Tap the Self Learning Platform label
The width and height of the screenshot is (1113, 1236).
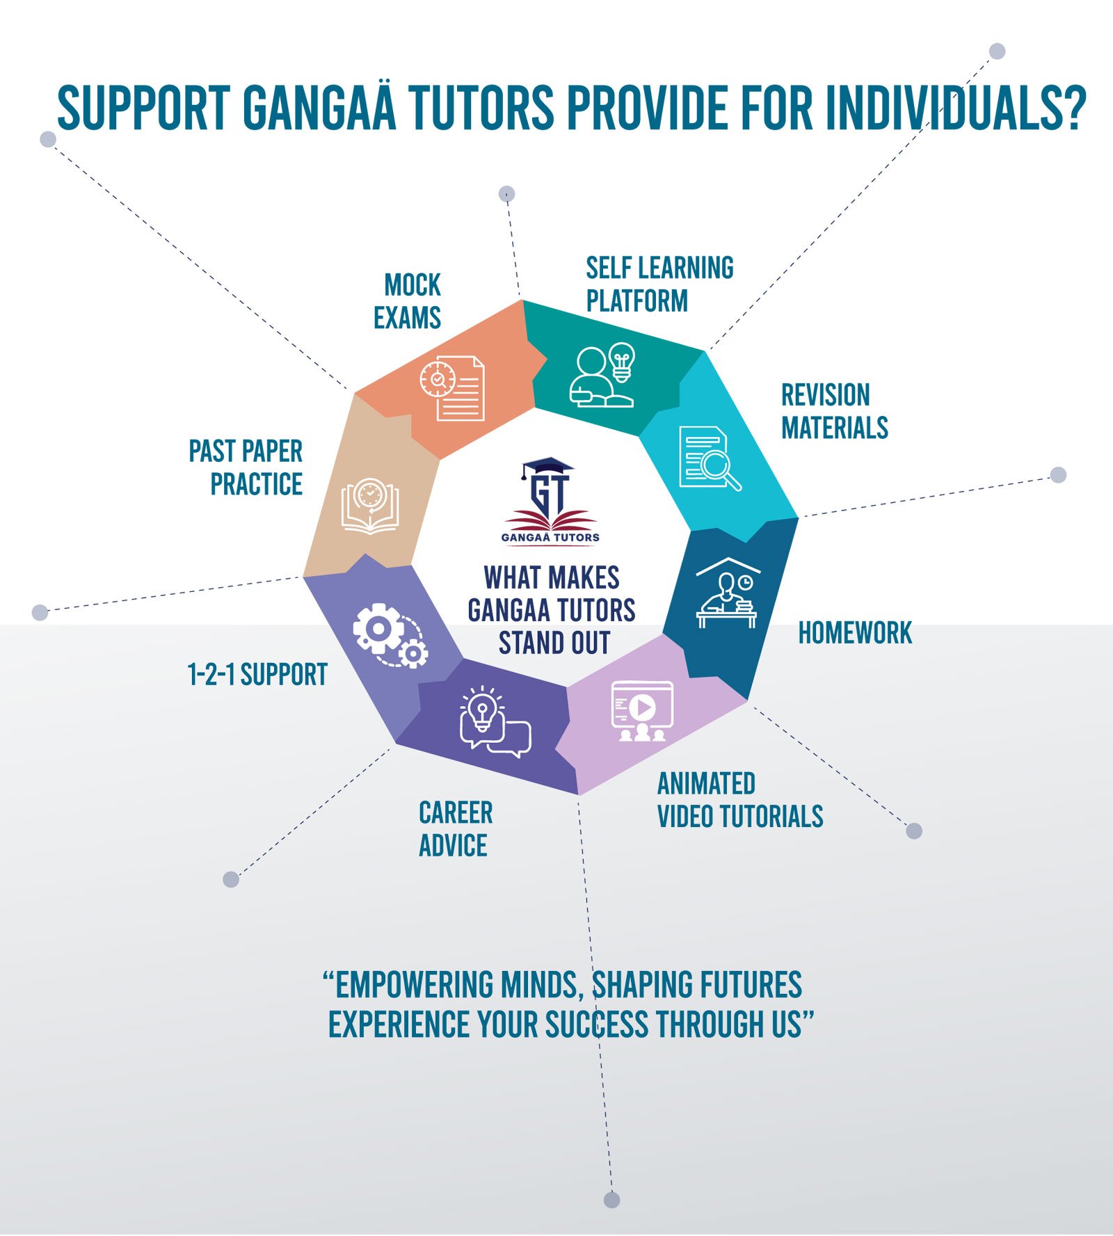tap(659, 284)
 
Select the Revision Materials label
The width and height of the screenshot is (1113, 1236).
tap(834, 411)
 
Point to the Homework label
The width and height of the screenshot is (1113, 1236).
tap(855, 633)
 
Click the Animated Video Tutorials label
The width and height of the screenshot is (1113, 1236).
tap(739, 800)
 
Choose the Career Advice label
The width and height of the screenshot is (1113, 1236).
tap(455, 829)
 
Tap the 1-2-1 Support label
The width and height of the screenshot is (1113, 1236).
tap(257, 674)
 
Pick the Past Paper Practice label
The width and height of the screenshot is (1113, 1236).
tap(246, 467)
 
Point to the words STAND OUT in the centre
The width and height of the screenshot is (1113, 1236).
tap(554, 643)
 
